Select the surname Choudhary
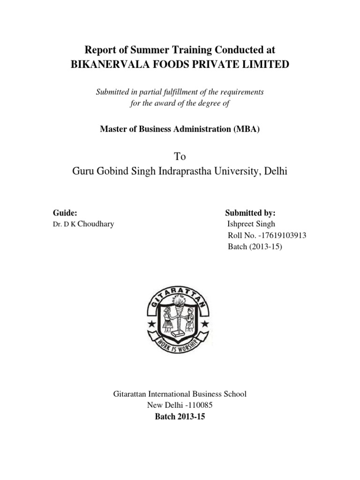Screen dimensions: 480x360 click(96, 224)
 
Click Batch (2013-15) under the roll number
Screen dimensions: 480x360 click(255, 247)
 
